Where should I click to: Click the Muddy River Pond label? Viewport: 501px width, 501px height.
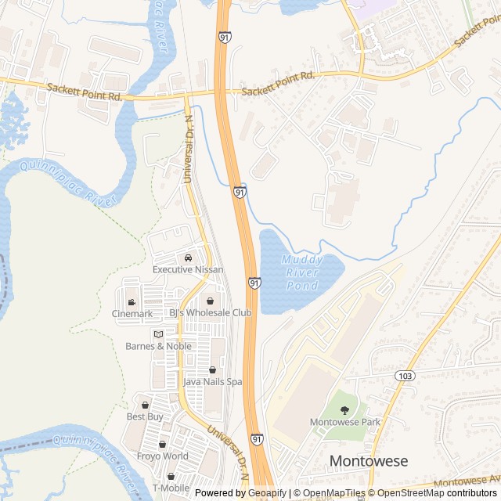pyautogui.click(x=301, y=272)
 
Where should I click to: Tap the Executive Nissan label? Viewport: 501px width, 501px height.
pyautogui.click(x=188, y=269)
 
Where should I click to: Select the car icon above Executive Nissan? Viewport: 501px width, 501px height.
pyautogui.click(x=188, y=258)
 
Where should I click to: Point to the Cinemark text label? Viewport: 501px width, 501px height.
pyautogui.click(x=132, y=314)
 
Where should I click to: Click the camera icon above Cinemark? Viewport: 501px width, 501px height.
pyautogui.click(x=132, y=302)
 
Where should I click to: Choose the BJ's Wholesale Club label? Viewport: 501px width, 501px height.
pyautogui.click(x=211, y=312)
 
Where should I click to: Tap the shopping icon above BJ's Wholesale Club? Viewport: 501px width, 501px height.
pyautogui.click(x=211, y=301)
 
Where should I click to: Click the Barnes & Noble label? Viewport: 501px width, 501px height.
pyautogui.click(x=158, y=346)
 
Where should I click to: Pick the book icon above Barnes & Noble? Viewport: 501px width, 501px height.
pyautogui.click(x=158, y=334)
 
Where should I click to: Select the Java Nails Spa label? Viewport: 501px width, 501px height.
pyautogui.click(x=212, y=382)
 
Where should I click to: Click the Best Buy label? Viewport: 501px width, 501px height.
pyautogui.click(x=145, y=416)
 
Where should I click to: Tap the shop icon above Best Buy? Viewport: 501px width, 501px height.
pyautogui.click(x=145, y=405)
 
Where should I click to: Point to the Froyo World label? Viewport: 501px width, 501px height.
pyautogui.click(x=163, y=456)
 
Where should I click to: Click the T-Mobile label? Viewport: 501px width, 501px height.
pyautogui.click(x=171, y=488)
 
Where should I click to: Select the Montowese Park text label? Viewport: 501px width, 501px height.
pyautogui.click(x=345, y=422)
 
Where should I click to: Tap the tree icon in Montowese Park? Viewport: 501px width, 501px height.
pyautogui.click(x=345, y=409)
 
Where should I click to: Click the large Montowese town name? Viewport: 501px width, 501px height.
pyautogui.click(x=369, y=461)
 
